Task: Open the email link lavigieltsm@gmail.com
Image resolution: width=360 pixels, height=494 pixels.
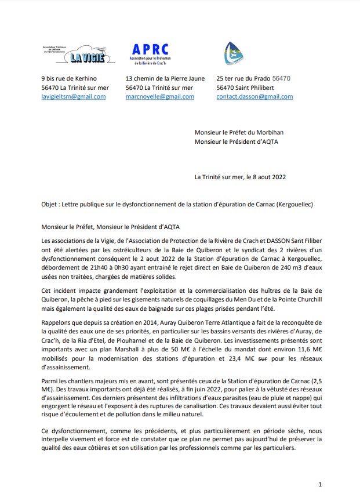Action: pos(73,97)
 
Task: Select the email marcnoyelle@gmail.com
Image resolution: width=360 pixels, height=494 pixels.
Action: pos(159,97)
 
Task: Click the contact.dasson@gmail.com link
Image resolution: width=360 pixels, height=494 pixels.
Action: pos(254,97)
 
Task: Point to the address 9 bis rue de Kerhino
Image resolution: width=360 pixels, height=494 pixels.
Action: pos(69,78)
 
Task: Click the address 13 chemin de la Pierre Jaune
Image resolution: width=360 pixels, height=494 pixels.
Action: pos(165,78)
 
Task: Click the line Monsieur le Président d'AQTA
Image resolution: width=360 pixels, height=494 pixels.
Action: pos(236,141)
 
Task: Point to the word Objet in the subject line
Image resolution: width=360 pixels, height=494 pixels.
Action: pos(50,205)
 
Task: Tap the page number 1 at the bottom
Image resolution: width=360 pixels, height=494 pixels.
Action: pos(320,484)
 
